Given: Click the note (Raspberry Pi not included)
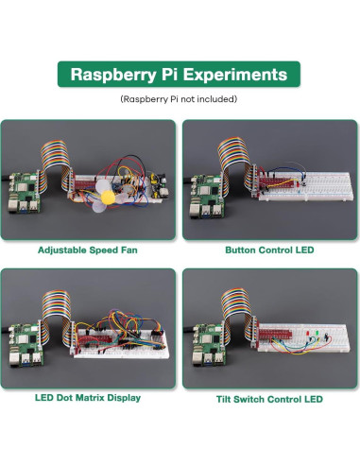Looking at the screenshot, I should (x=179, y=98).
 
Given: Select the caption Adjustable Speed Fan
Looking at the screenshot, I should (x=89, y=250).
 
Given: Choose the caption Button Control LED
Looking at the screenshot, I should (x=269, y=250).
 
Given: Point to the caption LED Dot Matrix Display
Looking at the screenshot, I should (x=89, y=398).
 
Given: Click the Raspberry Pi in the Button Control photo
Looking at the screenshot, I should (x=204, y=194).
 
